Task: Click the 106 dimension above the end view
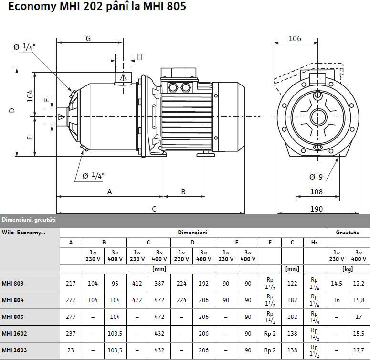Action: [295, 39]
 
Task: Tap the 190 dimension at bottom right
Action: [316, 209]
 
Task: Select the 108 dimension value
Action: [316, 192]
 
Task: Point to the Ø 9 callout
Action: [316, 177]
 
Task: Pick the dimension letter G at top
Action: [88, 39]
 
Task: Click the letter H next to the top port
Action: [140, 57]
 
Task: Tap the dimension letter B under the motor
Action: [183, 192]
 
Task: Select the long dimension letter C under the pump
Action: [154, 209]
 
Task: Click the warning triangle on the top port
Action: [123, 76]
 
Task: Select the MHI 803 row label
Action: [12, 283]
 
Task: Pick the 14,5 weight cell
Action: [337, 283]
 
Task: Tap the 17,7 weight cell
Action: [359, 350]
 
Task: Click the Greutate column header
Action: [348, 233]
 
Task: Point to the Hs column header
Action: [314, 243]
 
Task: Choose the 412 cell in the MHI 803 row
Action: [137, 283]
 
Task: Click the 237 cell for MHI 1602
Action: [71, 333]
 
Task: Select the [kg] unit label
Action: [348, 269]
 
